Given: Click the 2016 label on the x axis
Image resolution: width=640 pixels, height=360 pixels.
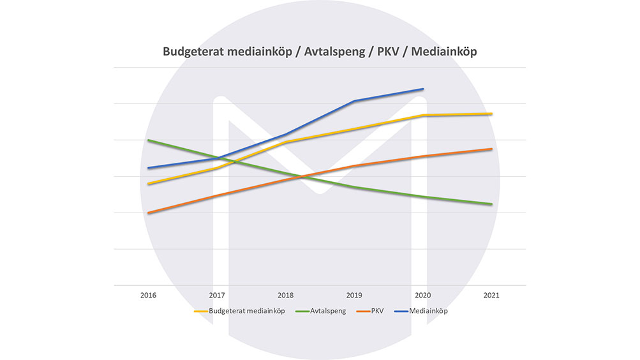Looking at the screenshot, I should (x=148, y=296).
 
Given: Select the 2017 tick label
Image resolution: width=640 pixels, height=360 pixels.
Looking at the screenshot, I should (x=217, y=296).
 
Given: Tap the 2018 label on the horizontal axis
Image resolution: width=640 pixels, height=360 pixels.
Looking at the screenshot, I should (x=286, y=296).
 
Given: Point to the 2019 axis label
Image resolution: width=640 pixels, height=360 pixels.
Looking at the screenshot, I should (x=354, y=296).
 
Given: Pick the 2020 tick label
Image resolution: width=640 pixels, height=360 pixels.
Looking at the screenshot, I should (x=423, y=296).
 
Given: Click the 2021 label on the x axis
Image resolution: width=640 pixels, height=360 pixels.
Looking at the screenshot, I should (x=491, y=296).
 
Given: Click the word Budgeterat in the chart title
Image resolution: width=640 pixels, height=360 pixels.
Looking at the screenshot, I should (x=192, y=52).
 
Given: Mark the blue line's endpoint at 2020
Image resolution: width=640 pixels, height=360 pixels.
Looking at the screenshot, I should (x=423, y=89).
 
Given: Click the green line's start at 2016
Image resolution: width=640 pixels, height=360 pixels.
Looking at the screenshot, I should (x=148, y=140).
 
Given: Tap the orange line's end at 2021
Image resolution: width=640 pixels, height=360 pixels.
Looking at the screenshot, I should (x=491, y=149).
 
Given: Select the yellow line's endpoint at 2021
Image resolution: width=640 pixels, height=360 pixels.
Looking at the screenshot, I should (x=491, y=114).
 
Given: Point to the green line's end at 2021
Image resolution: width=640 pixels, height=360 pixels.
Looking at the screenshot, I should (x=491, y=204).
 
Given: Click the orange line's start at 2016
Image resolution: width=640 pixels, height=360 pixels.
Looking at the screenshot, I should (x=148, y=213).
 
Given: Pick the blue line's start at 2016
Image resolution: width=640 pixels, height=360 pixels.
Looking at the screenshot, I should (x=148, y=168).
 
